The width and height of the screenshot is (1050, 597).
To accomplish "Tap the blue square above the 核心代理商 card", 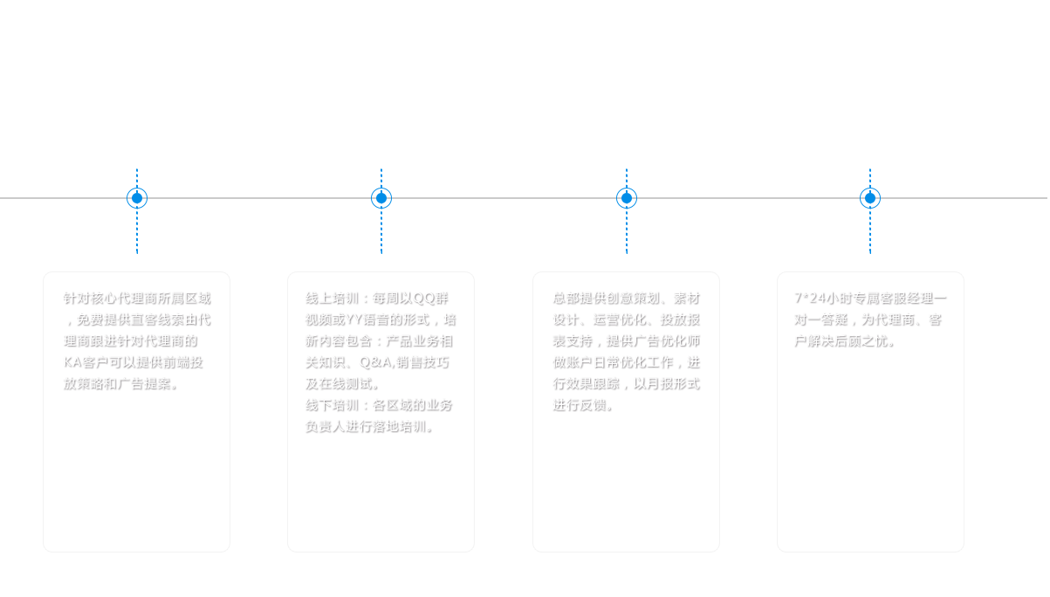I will click(137, 197).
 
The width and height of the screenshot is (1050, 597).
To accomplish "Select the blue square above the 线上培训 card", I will click(381, 197).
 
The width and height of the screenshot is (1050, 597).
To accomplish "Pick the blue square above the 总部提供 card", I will click(626, 197).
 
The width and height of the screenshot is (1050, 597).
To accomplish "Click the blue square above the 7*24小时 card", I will click(869, 197).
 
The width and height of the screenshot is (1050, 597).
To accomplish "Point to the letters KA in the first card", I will click(72, 362).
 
